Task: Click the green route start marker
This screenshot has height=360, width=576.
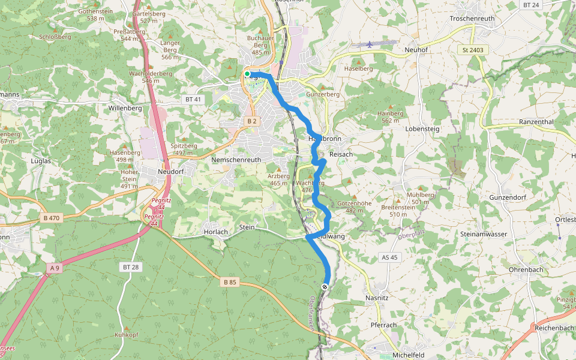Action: coord(247,74)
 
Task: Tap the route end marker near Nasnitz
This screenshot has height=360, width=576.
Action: coord(325,287)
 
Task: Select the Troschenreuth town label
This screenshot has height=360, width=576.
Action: coord(472,19)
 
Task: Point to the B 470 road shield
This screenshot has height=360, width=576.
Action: coord(52,218)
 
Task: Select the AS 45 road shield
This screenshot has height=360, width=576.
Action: coord(389,257)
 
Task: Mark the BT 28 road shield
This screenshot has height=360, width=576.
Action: coord(130,266)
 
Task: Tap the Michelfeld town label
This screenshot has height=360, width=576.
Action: coord(408,355)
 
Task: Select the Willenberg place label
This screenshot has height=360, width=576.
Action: coord(125,109)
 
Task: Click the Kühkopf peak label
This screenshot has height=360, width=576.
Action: coord(127,336)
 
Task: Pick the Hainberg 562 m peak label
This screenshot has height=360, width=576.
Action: coord(390,116)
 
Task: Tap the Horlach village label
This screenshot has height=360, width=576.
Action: coord(215,232)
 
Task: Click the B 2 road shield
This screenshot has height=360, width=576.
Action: coord(252,121)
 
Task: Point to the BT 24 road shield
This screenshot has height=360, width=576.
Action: coord(531,5)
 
